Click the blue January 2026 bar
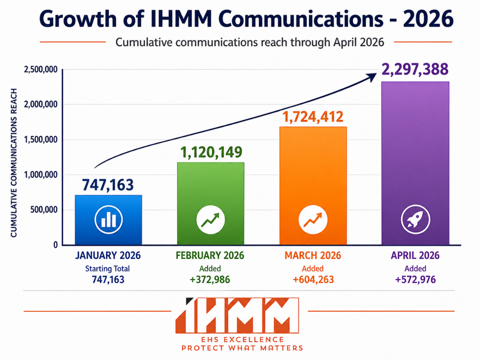pos(109,220)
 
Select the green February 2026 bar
pos(211,204)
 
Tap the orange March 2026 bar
pos(313,186)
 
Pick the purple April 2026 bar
pos(415,163)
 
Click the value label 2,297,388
pos(415,69)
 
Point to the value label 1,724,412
pos(313,117)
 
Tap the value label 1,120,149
pos(211,152)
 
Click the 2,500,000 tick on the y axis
pos(41,70)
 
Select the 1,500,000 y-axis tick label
pos(41,140)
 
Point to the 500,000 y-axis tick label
pos(44,210)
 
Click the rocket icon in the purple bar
pos(416,220)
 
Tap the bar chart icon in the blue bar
pos(109,220)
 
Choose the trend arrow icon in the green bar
pos(211,220)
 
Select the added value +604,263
pos(313,280)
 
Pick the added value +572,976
pos(416,280)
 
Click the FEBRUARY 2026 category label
pos(210,255)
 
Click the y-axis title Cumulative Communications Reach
pos(14,163)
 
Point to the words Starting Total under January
pos(107,268)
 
